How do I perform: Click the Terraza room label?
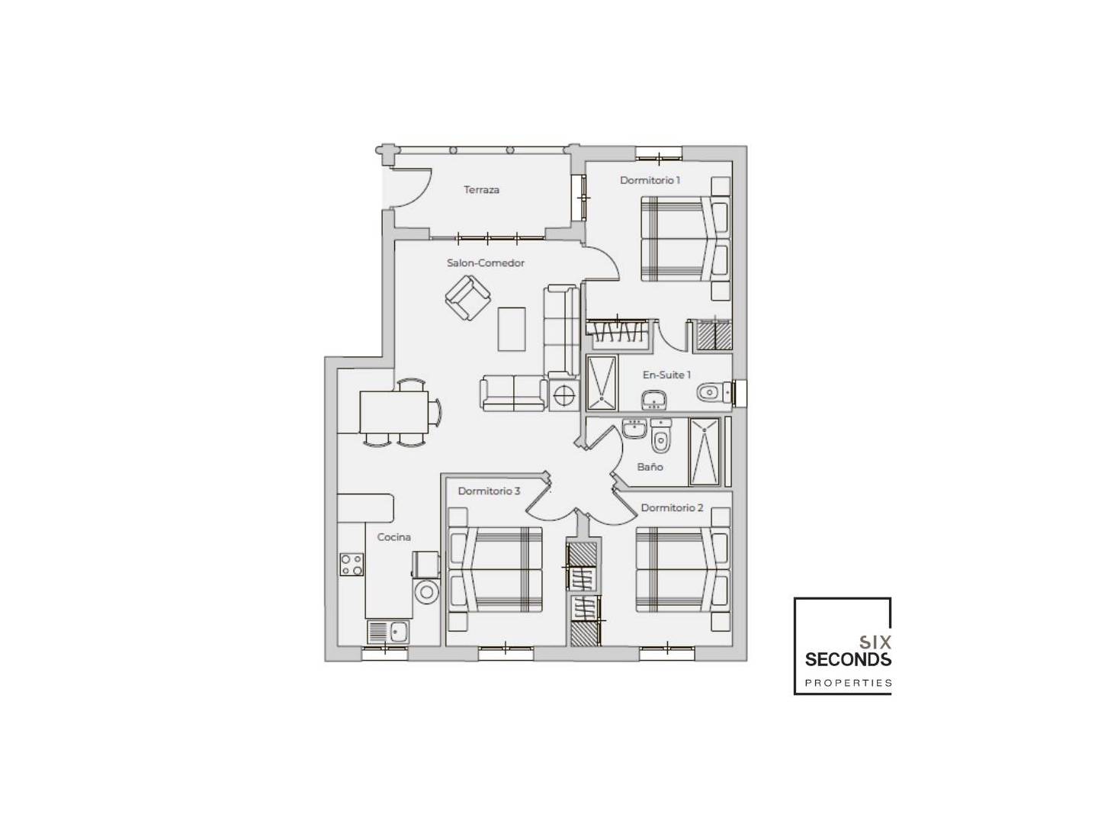[x=481, y=190]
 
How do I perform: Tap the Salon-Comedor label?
[x=485, y=262]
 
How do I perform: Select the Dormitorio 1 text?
[x=650, y=180]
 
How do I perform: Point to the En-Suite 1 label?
[x=666, y=375]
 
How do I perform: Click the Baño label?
[x=650, y=467]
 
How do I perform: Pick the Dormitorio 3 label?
[x=489, y=491]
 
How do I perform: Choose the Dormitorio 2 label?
[x=672, y=508]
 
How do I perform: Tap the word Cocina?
[x=393, y=537]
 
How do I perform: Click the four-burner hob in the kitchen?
[x=352, y=564]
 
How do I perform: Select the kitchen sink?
[x=389, y=632]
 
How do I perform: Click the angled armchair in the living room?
[x=467, y=298]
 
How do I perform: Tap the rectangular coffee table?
[x=511, y=329]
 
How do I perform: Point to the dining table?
[x=393, y=412]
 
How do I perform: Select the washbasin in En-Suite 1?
[x=653, y=400]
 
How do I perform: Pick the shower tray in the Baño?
[x=705, y=452]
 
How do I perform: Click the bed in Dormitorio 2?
[x=682, y=570]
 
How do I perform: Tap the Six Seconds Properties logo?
[x=843, y=646]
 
